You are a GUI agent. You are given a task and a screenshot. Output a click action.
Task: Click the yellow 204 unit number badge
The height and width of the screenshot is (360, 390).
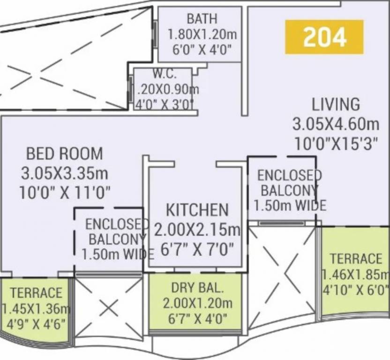[324, 37]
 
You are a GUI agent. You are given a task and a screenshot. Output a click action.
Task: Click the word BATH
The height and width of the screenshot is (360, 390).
[202, 19]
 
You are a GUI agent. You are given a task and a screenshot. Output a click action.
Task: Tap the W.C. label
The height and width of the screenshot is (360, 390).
[164, 74]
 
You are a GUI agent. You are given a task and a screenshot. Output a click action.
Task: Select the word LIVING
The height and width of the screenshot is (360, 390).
[336, 104]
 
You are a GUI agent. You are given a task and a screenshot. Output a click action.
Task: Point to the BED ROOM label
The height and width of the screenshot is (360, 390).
[64, 153]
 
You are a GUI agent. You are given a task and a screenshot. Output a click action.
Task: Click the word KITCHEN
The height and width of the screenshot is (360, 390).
[197, 210]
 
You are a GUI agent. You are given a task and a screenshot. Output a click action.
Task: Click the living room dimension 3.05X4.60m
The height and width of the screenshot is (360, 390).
[336, 124]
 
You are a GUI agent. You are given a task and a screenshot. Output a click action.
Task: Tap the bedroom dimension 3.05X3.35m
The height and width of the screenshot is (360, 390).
[64, 173]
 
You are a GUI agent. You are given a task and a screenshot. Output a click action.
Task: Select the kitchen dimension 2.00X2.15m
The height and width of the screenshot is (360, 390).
[197, 230]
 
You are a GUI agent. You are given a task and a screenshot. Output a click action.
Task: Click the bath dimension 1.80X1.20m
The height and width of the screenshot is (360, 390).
[202, 34]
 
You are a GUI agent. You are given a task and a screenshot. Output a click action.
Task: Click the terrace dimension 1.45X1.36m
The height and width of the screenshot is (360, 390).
[36, 308]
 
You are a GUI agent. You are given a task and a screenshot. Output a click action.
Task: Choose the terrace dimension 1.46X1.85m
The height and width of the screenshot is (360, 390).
[355, 275]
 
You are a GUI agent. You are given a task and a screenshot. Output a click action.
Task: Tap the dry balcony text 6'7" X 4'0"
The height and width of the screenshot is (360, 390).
[197, 319]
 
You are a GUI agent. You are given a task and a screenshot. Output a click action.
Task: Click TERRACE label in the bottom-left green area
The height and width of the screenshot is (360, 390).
[36, 293]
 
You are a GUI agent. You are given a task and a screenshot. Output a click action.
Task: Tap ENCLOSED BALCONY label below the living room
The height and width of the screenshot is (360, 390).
[287, 183]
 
